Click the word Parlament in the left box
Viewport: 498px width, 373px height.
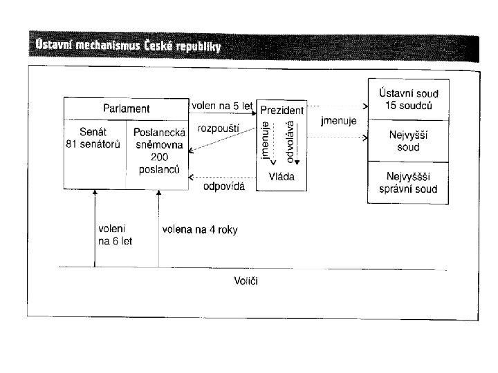126,108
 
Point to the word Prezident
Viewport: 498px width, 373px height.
282,111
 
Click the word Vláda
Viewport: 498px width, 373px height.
282,177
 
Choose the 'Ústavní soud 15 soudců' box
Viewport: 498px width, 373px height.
407,100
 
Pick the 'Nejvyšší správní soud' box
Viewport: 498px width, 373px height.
407,183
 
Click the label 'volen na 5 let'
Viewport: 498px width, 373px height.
223,106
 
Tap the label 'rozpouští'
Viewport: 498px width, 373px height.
217,129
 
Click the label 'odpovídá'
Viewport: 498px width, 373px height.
223,186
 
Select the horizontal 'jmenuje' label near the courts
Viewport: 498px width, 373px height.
339,122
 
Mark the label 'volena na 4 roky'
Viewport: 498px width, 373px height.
200,230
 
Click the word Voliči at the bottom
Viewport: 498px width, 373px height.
246,280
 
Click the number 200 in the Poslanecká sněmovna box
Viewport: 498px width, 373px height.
158,158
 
